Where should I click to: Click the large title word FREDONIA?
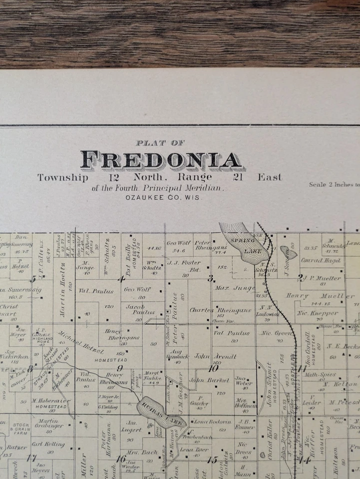click(161, 160)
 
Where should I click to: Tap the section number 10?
click(214, 369)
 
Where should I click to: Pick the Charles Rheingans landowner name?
click(220, 310)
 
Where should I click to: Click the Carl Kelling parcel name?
click(48, 444)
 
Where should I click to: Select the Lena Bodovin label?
click(206, 422)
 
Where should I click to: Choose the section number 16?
click(121, 459)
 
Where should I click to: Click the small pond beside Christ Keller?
click(263, 455)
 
